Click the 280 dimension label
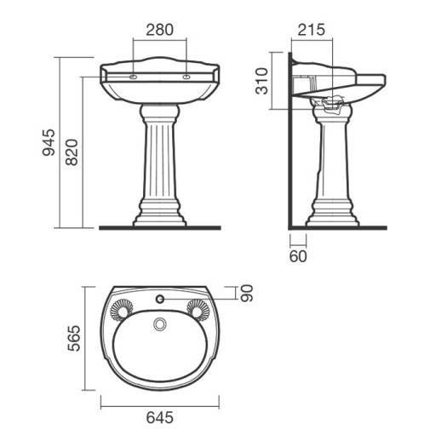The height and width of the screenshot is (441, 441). (159, 30)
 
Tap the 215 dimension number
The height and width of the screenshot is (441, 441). (311, 30)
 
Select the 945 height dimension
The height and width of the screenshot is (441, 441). (49, 142)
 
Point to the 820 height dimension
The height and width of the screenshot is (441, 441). (72, 152)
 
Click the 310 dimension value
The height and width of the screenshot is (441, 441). (261, 81)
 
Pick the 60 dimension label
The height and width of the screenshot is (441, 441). (298, 256)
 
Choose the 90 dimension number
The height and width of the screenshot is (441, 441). (246, 293)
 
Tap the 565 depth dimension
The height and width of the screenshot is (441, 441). (74, 338)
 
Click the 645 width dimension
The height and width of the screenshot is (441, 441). (159, 417)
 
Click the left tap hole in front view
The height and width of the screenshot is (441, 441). (133, 77)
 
